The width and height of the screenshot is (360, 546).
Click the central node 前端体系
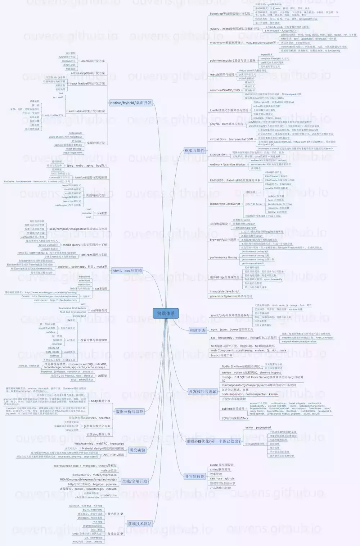tap(166, 313)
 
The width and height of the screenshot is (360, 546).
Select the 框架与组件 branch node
tap(194, 150)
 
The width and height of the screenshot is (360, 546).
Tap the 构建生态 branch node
tap(198, 330)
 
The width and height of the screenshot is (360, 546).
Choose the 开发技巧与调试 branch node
tap(203, 391)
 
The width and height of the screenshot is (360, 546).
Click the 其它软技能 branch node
tap(195, 476)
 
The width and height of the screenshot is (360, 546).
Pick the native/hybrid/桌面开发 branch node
tap(131, 103)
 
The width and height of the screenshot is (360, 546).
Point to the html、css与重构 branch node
tap(127, 270)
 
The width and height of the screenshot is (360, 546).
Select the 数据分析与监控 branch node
tap(130, 411)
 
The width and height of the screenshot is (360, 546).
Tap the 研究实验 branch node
tap(137, 450)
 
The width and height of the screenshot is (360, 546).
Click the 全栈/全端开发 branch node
tap(135, 481)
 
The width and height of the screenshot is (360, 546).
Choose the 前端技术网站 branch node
tap(140, 524)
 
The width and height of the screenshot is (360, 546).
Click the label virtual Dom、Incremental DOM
tap(231, 139)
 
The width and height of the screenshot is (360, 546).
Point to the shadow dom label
tap(219, 155)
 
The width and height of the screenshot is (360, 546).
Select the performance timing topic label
tap(223, 257)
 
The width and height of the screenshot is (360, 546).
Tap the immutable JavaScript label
tap(224, 291)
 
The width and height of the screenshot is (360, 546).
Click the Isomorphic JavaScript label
tap(225, 204)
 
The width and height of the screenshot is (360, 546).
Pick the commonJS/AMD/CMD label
tap(225, 90)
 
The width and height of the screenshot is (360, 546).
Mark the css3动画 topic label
tap(101, 288)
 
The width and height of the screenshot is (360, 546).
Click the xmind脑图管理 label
tap(220, 469)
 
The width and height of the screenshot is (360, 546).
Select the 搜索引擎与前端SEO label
tap(93, 340)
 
